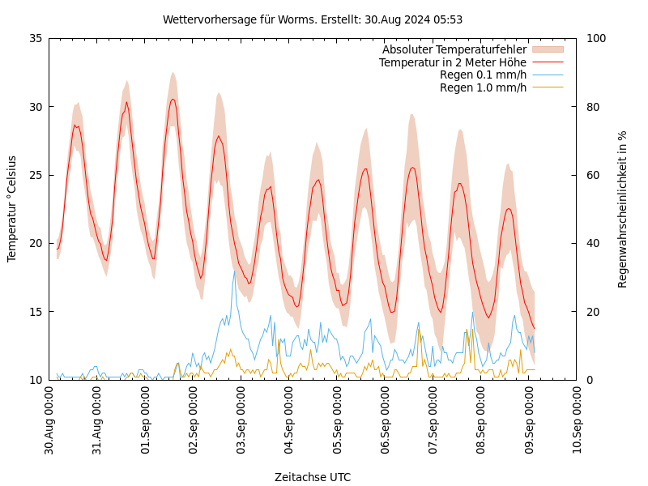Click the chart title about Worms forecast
point(313,19)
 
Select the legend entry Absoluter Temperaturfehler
point(454,50)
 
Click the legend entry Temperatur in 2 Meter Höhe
point(452,62)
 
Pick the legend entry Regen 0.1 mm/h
point(483,75)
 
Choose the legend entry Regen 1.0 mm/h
point(483,87)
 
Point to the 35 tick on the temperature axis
point(36,38)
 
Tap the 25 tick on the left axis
point(36,175)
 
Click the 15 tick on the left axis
point(36,312)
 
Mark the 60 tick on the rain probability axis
point(592,175)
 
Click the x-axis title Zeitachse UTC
point(313,477)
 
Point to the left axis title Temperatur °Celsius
point(12,209)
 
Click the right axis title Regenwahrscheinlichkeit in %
point(623,209)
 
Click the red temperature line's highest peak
point(173,99)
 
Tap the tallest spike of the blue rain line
point(235,271)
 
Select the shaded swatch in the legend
point(547,50)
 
